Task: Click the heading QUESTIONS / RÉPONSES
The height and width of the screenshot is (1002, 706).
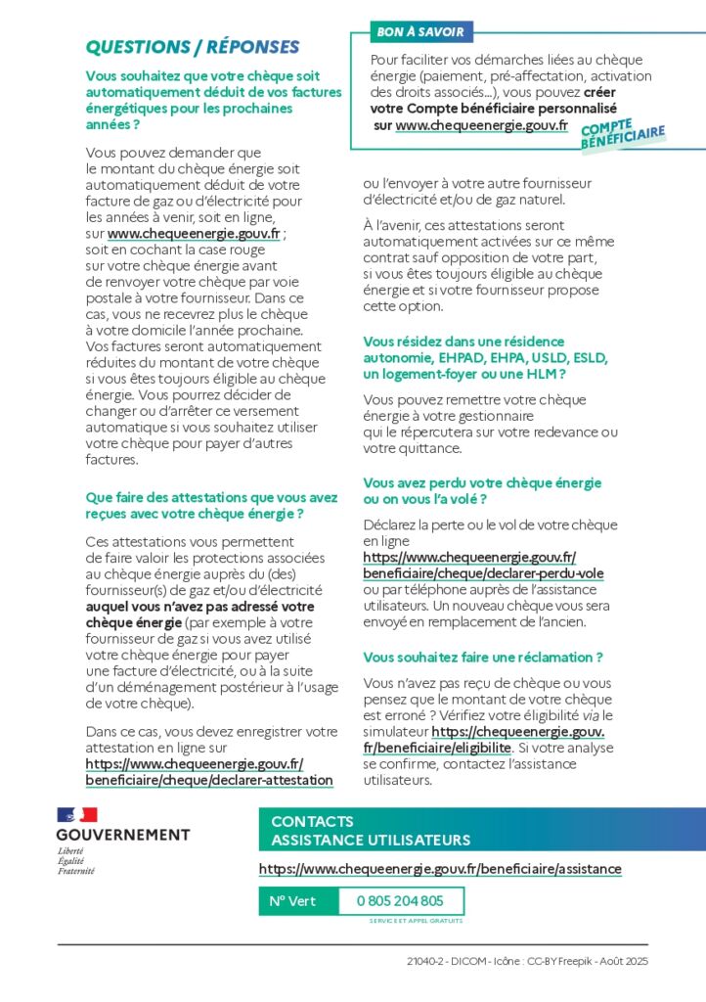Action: point(193,48)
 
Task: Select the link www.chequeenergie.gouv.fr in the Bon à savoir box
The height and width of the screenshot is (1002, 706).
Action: point(481,125)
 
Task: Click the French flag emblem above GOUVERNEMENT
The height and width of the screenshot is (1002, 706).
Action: point(77,815)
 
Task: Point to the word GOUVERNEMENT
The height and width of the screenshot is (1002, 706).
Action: point(123,835)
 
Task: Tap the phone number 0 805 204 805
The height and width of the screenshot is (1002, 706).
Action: point(400,901)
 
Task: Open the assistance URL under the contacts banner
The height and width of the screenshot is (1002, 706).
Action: point(440,869)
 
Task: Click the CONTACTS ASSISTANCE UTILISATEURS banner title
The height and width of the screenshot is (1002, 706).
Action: point(371,831)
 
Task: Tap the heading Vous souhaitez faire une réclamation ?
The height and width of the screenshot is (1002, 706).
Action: point(483,658)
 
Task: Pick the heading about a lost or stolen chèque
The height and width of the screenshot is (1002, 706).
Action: point(482,491)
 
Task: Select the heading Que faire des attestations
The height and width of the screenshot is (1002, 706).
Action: point(211,506)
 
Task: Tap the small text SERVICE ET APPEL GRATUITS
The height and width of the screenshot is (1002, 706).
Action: point(416,921)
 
